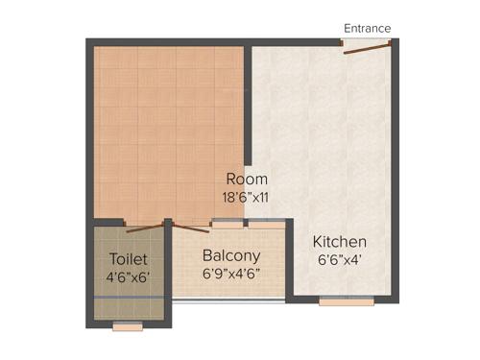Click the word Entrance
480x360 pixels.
click(x=368, y=28)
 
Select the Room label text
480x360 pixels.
click(x=247, y=180)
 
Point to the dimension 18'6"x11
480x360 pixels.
click(x=247, y=197)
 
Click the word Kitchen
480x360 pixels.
click(x=340, y=241)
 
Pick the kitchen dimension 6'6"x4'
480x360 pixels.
click(x=340, y=259)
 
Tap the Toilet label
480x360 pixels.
click(x=129, y=259)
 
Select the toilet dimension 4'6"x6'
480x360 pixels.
click(x=129, y=278)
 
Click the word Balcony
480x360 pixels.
click(x=230, y=255)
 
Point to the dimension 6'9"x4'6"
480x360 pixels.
click(x=230, y=274)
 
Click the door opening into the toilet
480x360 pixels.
click(x=144, y=228)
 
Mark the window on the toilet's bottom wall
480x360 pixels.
click(x=128, y=326)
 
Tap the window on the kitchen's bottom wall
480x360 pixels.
click(x=347, y=300)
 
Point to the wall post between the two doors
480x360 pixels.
click(x=167, y=224)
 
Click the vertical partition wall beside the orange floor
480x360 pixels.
click(x=247, y=106)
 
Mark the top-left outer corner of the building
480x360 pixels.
click(x=88, y=41)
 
